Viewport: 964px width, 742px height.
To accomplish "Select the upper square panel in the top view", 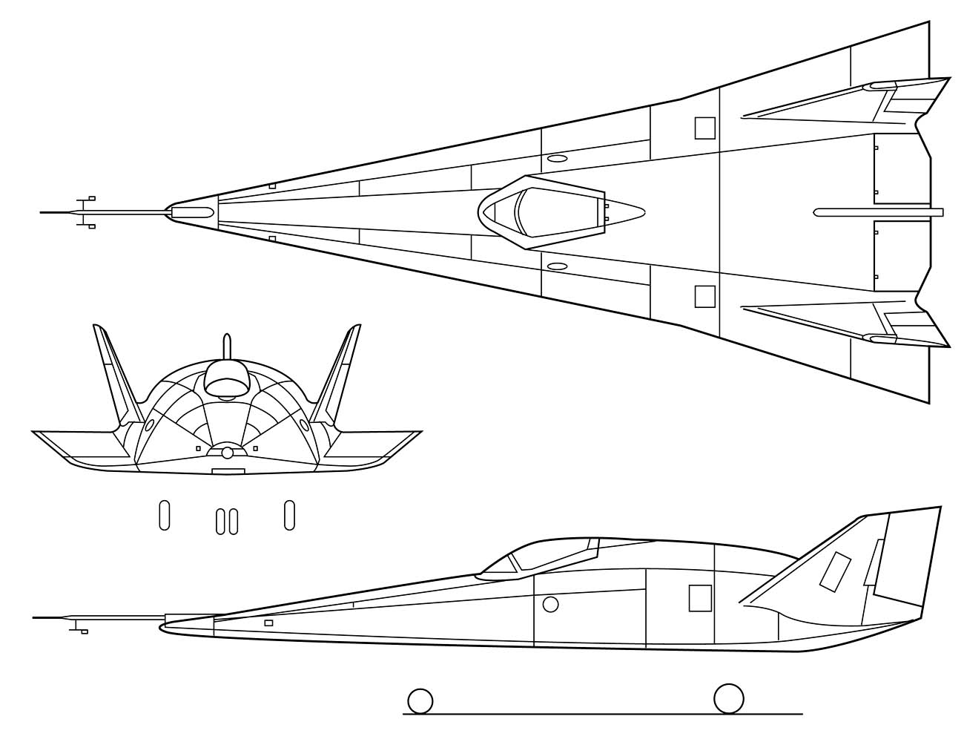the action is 705,128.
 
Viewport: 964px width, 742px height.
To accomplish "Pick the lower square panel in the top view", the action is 705,296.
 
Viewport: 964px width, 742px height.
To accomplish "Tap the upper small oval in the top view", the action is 557,159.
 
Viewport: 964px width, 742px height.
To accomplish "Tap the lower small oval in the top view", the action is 557,266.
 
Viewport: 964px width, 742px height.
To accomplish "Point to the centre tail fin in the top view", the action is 879,212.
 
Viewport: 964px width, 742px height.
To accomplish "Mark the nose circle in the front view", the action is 228,453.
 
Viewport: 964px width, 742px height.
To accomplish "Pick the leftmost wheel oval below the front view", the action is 165,515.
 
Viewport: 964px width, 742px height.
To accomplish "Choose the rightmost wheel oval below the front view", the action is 290,515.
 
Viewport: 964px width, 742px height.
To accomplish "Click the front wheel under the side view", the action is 420,700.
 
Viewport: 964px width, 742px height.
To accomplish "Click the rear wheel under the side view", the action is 728,698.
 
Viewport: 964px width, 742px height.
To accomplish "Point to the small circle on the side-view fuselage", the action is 550,604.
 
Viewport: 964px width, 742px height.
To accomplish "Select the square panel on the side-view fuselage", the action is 700,598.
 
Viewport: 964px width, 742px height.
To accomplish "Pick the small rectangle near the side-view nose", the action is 268,623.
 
